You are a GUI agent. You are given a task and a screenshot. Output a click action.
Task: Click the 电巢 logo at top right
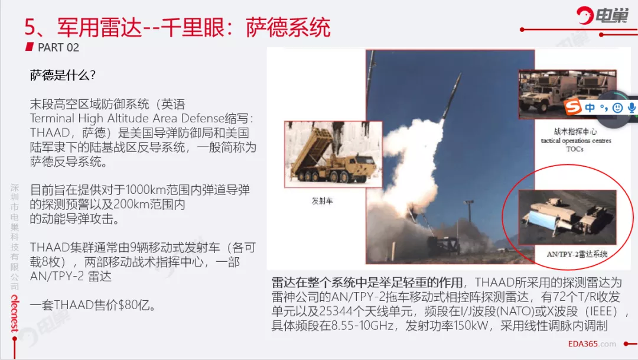point(602,15)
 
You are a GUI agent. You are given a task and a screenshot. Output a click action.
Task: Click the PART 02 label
point(58,48)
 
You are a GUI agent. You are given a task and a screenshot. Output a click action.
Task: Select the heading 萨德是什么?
point(63,75)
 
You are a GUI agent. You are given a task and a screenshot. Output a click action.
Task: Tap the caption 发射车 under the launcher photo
point(323,201)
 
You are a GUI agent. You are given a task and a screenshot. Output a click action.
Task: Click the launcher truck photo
point(333,154)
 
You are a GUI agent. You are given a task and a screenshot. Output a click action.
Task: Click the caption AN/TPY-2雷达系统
point(577,254)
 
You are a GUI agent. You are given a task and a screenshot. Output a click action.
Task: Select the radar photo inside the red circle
point(567,217)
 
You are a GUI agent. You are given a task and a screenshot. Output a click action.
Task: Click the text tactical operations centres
point(576,141)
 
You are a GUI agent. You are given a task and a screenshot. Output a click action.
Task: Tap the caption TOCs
point(575,149)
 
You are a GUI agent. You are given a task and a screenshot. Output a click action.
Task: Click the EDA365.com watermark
point(592,344)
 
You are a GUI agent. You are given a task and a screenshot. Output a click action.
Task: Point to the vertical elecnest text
point(15,313)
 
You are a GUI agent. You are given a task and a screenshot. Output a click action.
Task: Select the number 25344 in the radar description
point(336,312)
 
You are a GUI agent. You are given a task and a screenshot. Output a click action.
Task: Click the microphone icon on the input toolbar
point(632,108)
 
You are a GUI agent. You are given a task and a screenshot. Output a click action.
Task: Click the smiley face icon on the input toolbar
point(618,108)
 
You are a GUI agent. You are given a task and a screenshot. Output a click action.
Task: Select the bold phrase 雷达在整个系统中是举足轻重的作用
point(367,282)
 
